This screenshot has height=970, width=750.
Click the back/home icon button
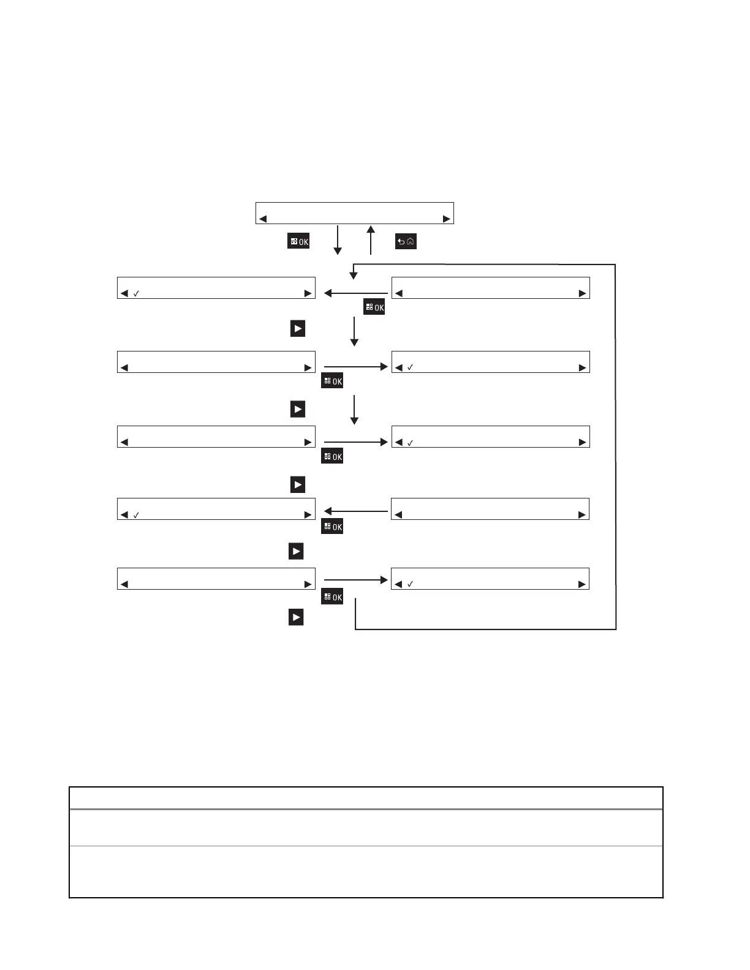[x=406, y=241]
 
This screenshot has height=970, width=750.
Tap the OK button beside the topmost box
[x=298, y=241]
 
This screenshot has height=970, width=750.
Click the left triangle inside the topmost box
[x=263, y=219]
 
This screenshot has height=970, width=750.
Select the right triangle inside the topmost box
[x=447, y=219]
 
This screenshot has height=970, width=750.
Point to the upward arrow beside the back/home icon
[x=371, y=239]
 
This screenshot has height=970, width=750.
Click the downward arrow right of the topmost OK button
[x=338, y=239]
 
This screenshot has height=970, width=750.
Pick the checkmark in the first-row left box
[x=137, y=294]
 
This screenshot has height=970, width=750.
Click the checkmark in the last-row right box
[x=411, y=585]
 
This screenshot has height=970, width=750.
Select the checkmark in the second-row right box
[x=411, y=367]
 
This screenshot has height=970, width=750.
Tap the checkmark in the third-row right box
[x=411, y=443]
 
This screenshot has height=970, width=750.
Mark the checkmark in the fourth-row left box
[x=137, y=516]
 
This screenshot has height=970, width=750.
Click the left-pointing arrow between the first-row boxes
[x=355, y=293]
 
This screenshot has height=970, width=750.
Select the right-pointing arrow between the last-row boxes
[x=355, y=579]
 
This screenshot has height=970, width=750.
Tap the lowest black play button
[x=296, y=617]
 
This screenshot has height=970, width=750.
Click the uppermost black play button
[x=297, y=329]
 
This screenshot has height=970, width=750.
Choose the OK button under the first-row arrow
[x=374, y=307]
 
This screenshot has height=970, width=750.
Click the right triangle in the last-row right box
[x=582, y=585]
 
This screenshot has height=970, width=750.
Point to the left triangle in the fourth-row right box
[x=399, y=515]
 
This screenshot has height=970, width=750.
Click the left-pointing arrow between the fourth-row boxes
[x=355, y=511]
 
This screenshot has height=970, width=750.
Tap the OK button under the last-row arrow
[x=332, y=597]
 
